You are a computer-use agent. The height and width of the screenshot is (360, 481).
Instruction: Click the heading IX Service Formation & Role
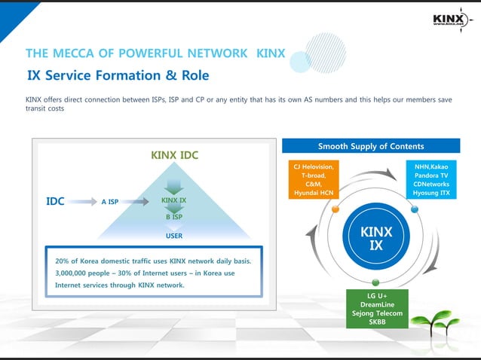click(x=118, y=76)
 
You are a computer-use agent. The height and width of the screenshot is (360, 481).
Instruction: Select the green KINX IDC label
click(x=174, y=156)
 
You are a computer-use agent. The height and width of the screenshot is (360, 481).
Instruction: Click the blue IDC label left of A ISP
click(x=55, y=201)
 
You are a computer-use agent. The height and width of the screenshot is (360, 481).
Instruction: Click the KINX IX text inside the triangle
click(x=174, y=200)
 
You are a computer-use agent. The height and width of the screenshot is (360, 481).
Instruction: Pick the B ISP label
click(x=174, y=217)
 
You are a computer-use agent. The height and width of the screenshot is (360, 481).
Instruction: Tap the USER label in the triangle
click(x=174, y=235)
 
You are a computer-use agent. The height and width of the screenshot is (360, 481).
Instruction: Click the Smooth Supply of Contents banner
click(x=371, y=146)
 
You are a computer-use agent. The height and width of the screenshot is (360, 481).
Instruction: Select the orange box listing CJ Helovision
click(x=314, y=179)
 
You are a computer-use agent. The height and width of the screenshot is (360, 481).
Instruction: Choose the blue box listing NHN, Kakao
click(x=431, y=179)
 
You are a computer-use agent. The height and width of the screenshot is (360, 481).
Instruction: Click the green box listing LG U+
click(x=377, y=308)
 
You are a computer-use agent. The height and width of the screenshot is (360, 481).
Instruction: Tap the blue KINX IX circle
click(x=376, y=238)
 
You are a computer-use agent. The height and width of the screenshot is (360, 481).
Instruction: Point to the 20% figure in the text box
click(x=63, y=261)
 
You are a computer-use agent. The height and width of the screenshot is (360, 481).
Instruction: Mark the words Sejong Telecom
click(x=377, y=313)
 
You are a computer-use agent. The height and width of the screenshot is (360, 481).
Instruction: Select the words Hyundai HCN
click(x=314, y=194)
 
